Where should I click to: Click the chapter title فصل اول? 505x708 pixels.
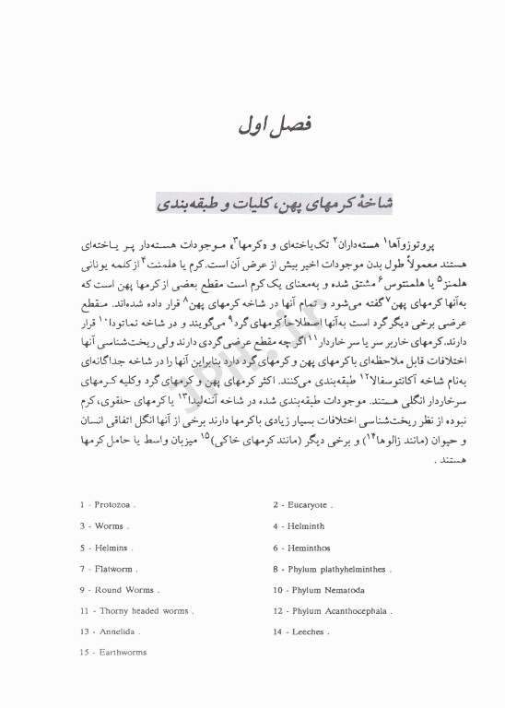tap(252, 124)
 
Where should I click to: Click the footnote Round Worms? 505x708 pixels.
tap(123, 589)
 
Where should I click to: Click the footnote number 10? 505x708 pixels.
tap(276, 589)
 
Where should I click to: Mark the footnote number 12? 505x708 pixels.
tap(276, 610)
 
